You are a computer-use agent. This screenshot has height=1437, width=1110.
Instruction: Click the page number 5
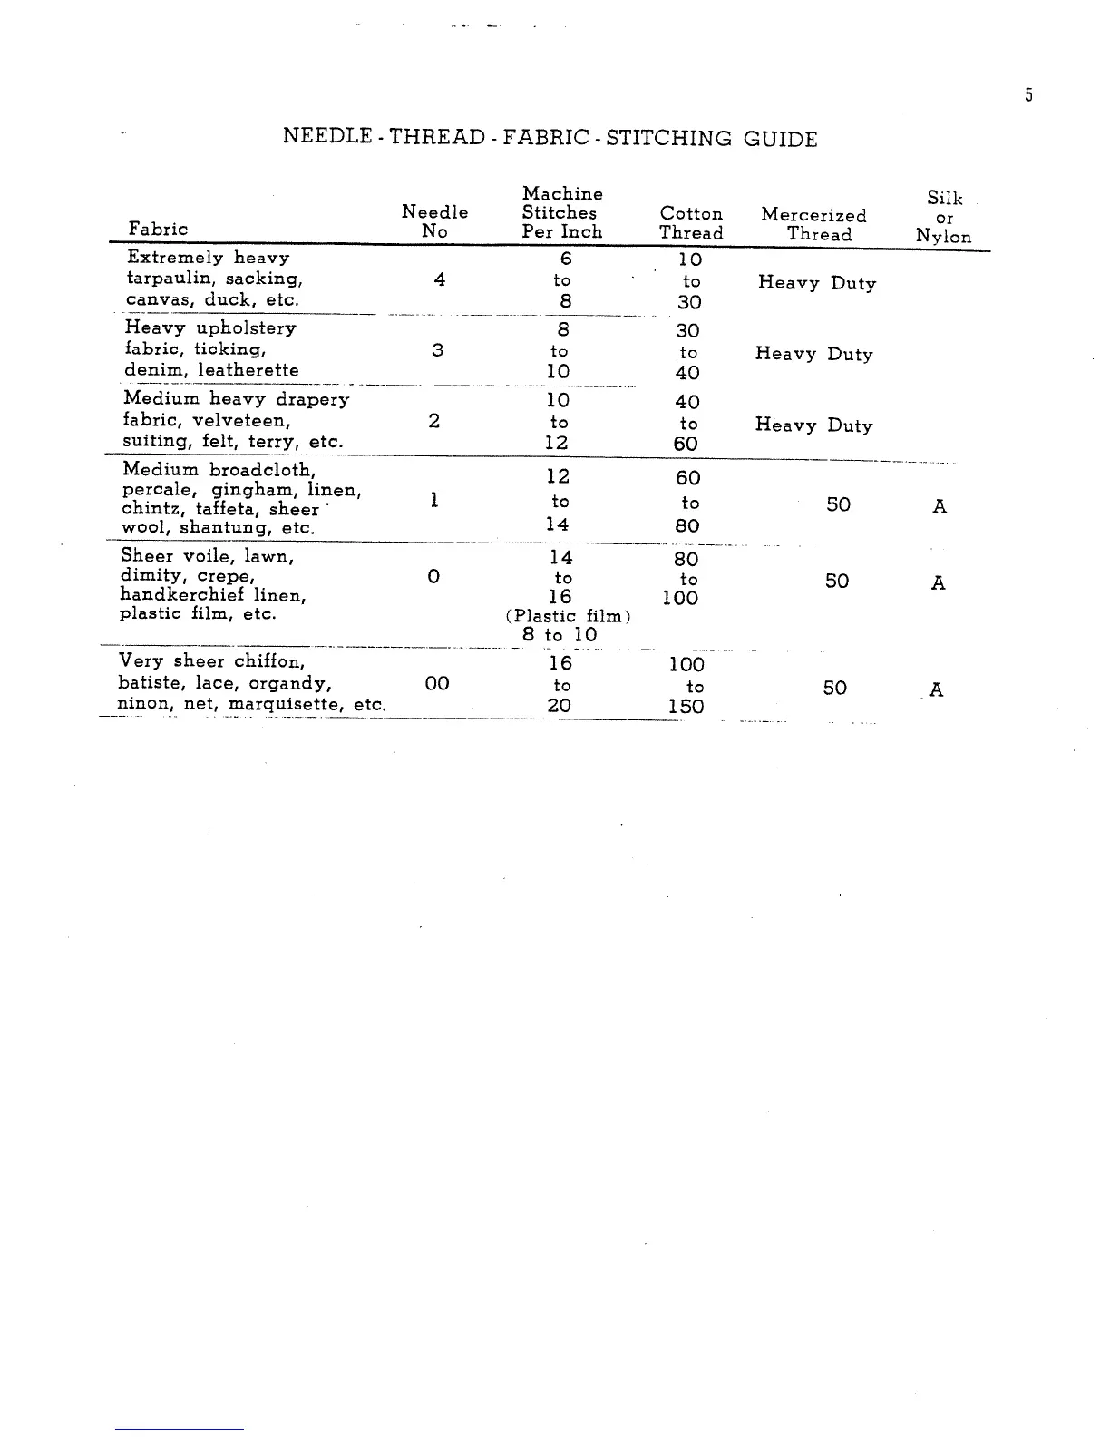point(1028,95)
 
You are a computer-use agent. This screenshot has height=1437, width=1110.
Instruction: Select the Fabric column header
point(158,229)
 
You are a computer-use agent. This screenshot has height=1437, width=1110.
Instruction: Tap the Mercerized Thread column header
point(814,224)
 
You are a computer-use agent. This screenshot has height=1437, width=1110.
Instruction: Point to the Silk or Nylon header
point(943,218)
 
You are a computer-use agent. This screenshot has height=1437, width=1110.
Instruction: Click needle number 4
point(439,279)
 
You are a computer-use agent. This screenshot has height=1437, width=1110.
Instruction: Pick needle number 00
point(436,683)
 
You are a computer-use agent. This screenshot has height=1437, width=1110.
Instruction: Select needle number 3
point(437,349)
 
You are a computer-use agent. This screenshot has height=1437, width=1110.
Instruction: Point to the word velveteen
point(241,421)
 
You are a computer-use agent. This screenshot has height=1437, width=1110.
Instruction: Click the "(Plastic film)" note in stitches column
point(568,616)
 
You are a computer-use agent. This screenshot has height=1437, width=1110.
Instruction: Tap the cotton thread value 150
point(686,707)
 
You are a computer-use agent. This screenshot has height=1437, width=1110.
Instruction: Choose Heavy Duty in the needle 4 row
point(816,283)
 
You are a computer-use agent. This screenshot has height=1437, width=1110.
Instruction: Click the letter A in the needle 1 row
point(940,506)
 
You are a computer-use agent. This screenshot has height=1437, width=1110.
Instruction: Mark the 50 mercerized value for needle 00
point(834,688)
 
